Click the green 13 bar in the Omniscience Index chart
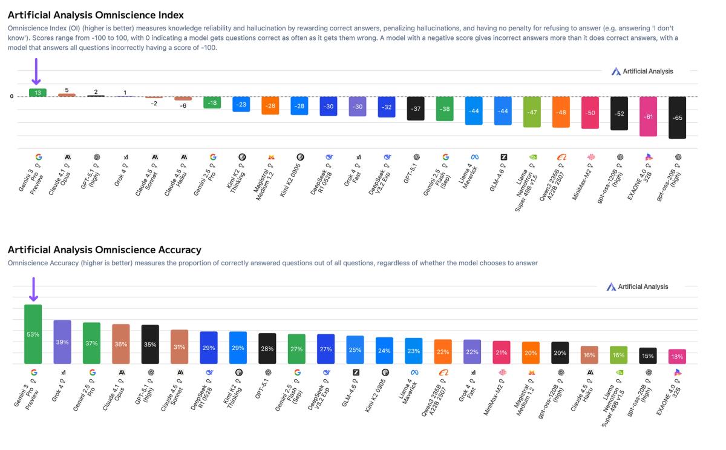point(38,93)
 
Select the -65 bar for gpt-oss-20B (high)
point(677,117)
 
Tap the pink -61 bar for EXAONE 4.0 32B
point(648,116)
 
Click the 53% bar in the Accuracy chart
point(33,334)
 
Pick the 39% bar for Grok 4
point(62,342)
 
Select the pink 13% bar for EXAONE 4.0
point(677,356)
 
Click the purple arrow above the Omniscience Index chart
point(36,71)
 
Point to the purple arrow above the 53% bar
point(33,290)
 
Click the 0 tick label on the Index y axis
point(11,96)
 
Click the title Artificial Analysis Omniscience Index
point(96,15)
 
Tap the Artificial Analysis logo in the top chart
point(643,71)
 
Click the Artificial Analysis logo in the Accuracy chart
point(638,286)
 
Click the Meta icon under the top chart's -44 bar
point(475,157)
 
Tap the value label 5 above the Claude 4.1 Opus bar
point(67,90)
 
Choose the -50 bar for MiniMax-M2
point(590,113)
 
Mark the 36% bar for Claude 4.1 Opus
point(121,344)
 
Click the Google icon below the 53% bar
point(33,372)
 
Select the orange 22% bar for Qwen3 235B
point(443,351)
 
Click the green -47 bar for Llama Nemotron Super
point(532,112)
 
